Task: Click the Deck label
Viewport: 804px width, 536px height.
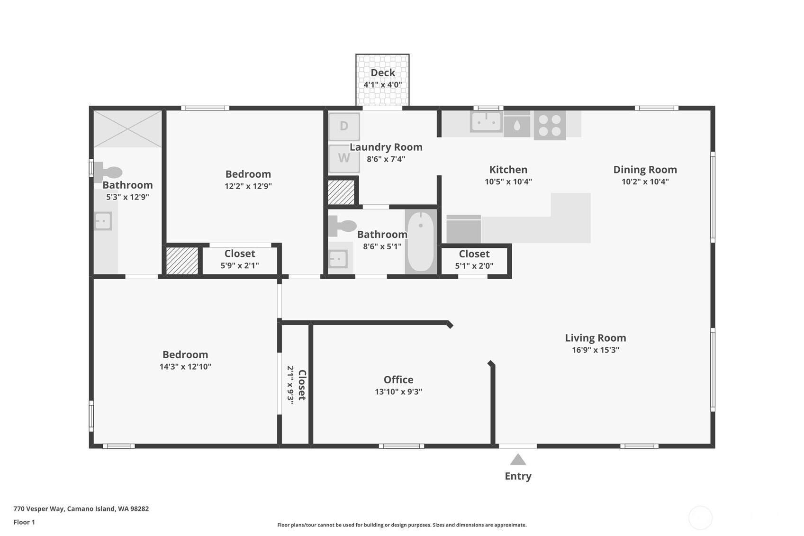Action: tap(383, 73)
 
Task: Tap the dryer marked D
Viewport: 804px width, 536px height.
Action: tap(344, 127)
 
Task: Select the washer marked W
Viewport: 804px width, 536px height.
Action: tap(344, 158)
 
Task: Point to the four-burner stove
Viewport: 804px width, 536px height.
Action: tap(550, 125)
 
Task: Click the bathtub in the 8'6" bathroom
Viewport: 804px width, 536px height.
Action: tap(421, 242)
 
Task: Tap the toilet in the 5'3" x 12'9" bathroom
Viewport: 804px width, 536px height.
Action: tap(108, 173)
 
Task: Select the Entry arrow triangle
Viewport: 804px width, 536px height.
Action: tap(517, 460)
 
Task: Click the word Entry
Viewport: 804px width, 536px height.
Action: tap(518, 476)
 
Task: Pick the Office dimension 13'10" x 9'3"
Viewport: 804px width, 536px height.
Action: tap(398, 391)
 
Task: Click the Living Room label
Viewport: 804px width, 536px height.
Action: tap(596, 338)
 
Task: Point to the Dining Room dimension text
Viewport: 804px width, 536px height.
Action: tap(645, 182)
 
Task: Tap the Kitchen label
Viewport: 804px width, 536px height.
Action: tap(508, 170)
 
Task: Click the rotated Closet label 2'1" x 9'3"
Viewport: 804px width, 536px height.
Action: tap(297, 385)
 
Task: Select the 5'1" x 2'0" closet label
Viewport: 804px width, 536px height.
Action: tap(474, 260)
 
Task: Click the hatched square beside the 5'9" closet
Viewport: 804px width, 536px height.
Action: tap(182, 261)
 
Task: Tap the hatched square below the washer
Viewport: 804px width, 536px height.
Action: tap(341, 192)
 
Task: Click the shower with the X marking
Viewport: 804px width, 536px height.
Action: tap(128, 129)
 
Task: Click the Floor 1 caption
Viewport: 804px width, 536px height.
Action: tap(25, 522)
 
